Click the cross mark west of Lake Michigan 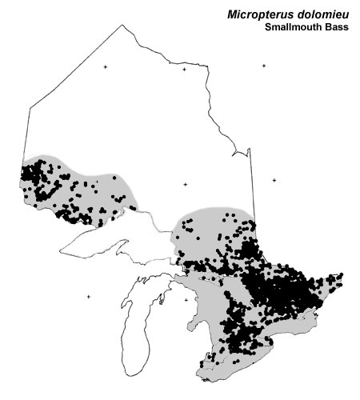coord(89,298)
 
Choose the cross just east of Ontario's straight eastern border coord(274,181)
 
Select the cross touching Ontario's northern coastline coord(184,70)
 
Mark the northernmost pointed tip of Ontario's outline coord(122,25)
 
